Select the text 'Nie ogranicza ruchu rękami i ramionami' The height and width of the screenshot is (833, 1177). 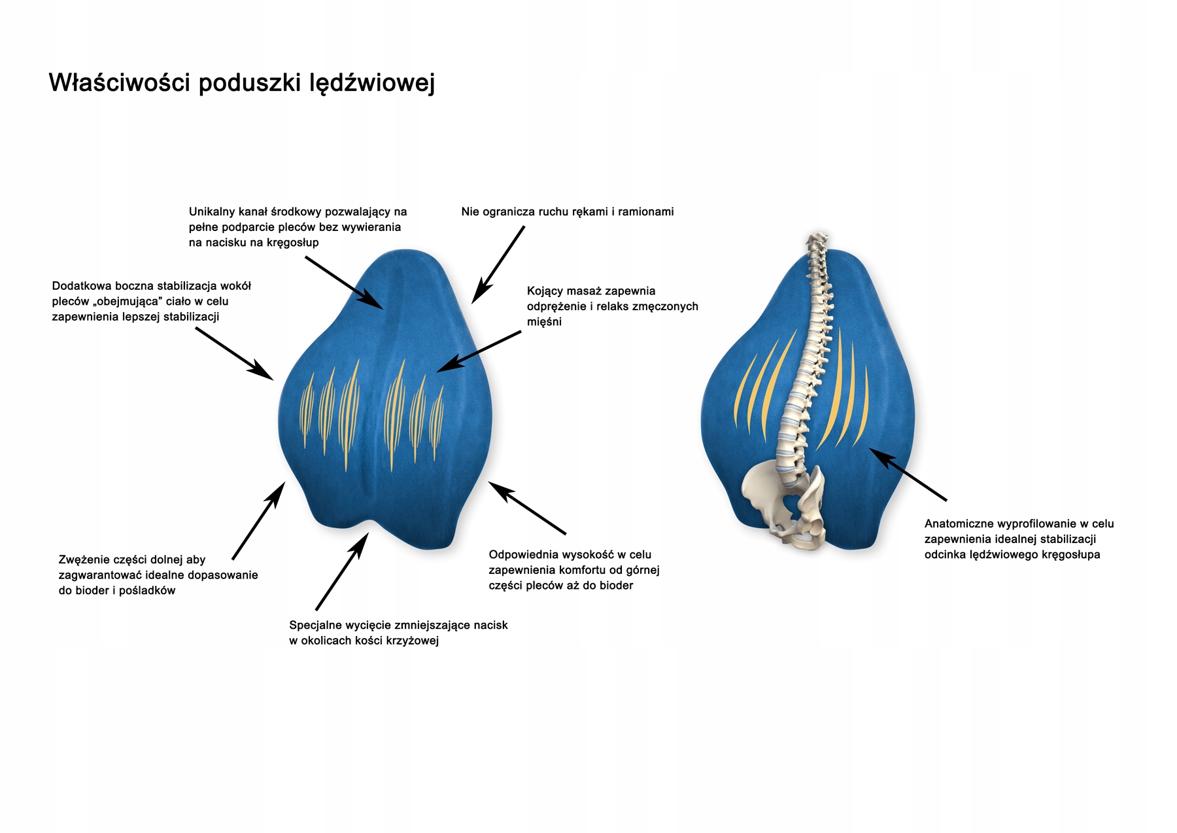[567, 212]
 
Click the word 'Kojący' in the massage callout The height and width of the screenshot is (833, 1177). [545, 291]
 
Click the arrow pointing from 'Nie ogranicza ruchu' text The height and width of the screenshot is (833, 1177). [498, 264]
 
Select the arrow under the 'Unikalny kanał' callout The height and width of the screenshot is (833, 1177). [344, 283]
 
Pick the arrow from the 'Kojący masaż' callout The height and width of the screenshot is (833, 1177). [479, 351]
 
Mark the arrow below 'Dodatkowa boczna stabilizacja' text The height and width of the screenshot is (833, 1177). [234, 353]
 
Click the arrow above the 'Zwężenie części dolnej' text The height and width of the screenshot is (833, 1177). [258, 520]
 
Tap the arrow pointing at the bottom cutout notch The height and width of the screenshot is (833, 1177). [342, 571]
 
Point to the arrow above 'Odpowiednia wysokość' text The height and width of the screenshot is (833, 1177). [526, 508]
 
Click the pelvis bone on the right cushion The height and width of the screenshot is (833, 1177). [785, 504]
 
